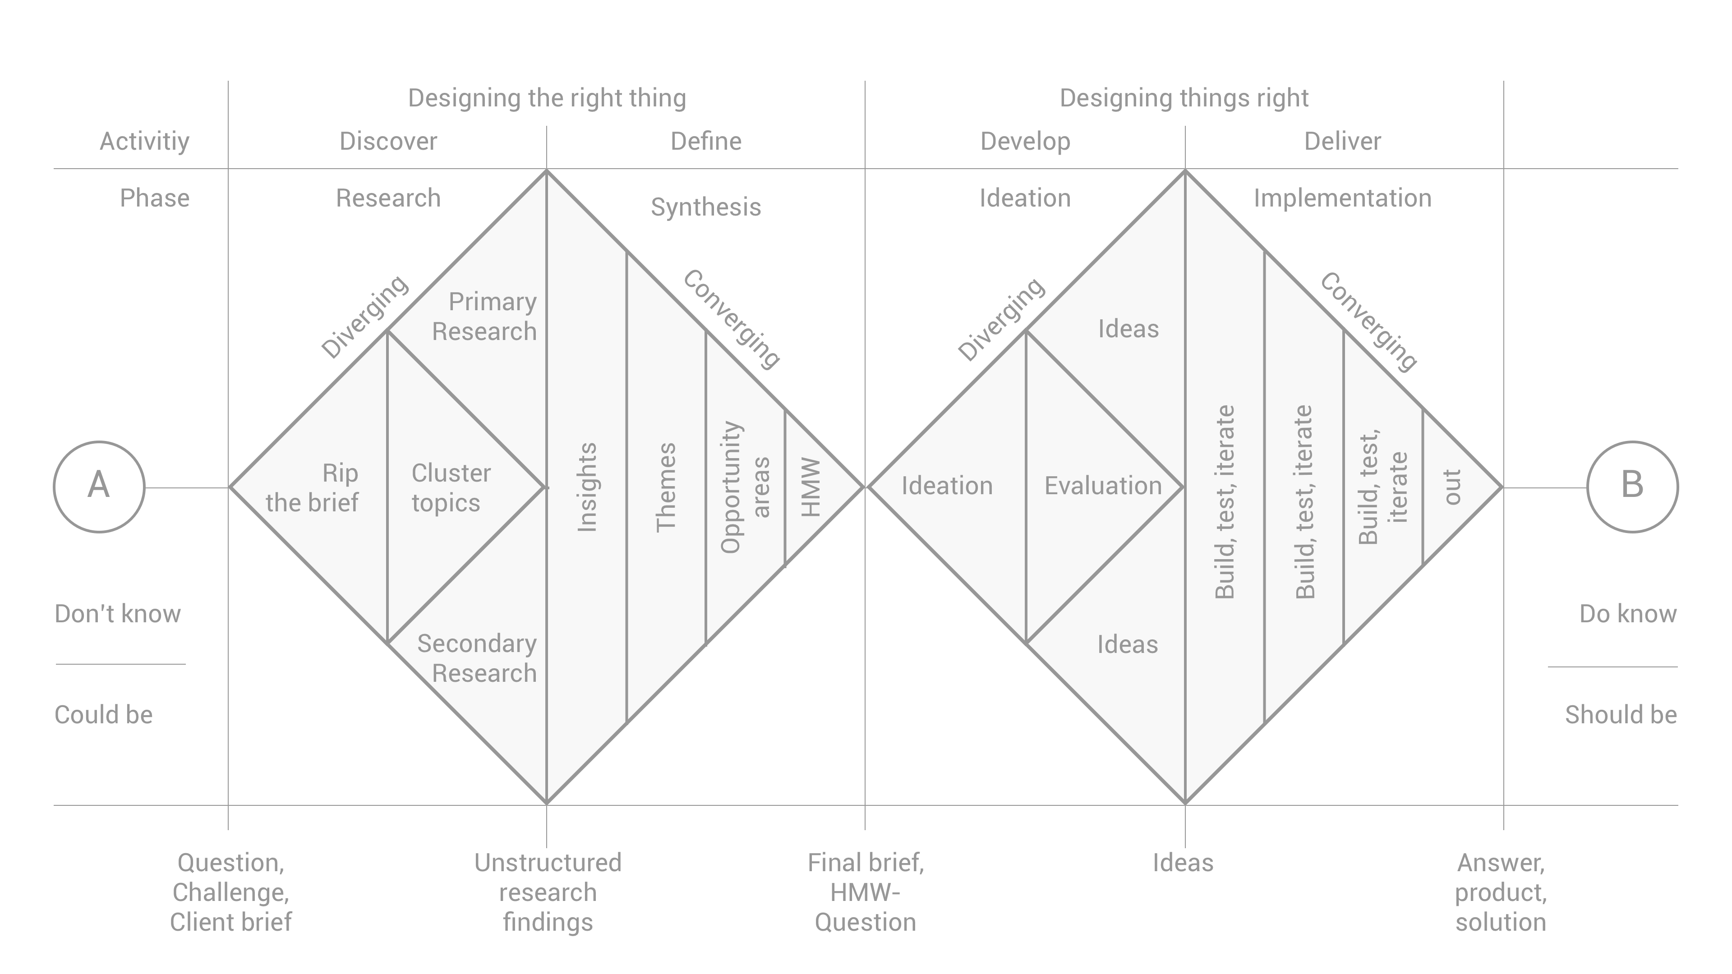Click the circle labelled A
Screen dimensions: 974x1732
[99, 487]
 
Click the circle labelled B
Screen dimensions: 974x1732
[1632, 487]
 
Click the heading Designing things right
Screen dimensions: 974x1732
[1184, 98]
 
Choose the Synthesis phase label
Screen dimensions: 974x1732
[705, 207]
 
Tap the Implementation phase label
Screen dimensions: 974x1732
[1342, 198]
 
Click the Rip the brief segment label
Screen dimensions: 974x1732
[313, 487]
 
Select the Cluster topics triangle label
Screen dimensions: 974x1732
[451, 487]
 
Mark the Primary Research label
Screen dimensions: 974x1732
[485, 317]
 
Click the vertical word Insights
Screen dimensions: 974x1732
[587, 487]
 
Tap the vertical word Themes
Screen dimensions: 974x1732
[666, 487]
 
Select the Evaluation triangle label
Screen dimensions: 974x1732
[1103, 485]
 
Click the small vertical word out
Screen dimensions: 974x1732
[1452, 487]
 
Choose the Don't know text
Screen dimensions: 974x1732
[118, 614]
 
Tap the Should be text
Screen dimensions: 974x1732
[1621, 715]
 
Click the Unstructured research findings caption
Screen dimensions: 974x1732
[547, 892]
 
